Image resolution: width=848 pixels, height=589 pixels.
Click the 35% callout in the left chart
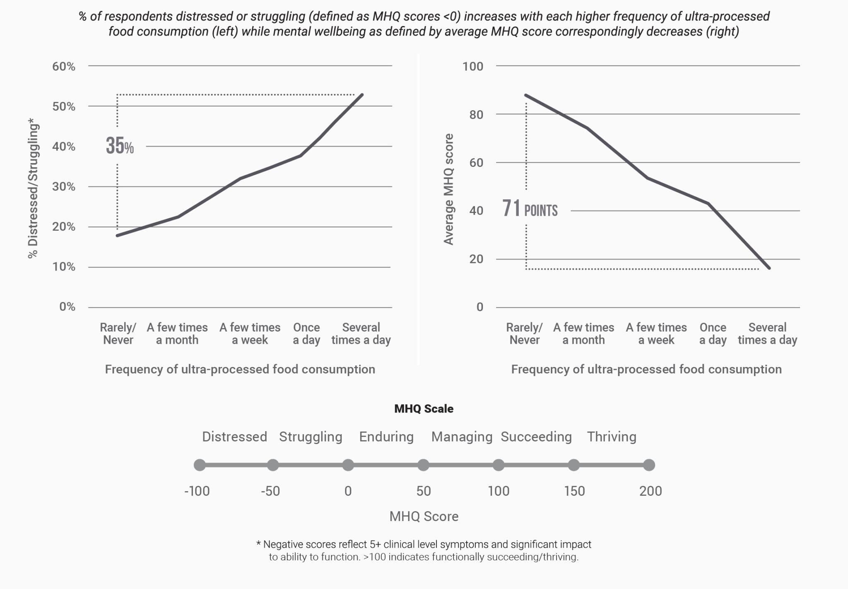120,146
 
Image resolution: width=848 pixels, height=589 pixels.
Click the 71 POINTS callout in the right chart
530,209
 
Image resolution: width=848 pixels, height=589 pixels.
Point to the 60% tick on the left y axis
64,66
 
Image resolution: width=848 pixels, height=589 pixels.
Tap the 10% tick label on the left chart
64,267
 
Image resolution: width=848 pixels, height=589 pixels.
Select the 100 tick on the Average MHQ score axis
472,66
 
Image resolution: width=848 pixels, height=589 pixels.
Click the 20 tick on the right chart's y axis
476,259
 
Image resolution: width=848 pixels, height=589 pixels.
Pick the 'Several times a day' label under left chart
361,334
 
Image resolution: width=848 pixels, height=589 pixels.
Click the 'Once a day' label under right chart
713,334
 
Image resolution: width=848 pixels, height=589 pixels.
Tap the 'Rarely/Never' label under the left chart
118,334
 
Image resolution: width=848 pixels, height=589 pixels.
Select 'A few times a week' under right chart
656,334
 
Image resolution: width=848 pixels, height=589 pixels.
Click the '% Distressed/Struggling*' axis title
33,189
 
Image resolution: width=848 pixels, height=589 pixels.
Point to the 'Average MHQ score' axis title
448,189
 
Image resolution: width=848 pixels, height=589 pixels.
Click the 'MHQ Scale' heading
424,409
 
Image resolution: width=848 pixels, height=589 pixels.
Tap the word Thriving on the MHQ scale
611,437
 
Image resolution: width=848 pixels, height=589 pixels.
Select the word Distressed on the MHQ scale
234,437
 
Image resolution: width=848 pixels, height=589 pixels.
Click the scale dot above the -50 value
272,465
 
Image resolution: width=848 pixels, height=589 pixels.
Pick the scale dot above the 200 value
649,465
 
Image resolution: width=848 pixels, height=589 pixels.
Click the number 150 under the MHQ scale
574,491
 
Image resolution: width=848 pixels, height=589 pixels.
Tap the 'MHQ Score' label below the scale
424,517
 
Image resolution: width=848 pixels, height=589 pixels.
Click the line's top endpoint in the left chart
362,95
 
